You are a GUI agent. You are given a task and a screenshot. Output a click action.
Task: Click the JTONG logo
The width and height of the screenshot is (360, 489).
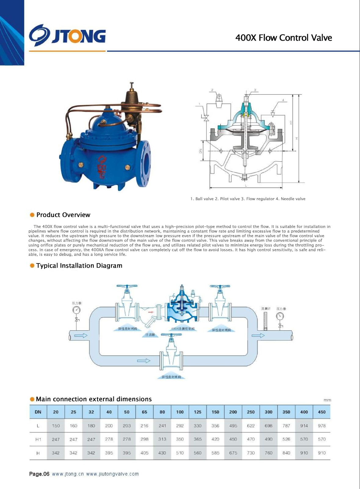pos(67,35)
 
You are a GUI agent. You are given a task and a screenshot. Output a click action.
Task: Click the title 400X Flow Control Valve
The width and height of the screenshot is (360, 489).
pos(283,38)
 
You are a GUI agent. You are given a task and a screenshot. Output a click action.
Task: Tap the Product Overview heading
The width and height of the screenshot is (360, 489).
pos(63,215)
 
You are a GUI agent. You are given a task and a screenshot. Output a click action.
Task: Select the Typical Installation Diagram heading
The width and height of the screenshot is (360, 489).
pos(79,266)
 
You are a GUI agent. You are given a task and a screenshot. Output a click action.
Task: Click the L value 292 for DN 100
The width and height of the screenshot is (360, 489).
pos(180,425)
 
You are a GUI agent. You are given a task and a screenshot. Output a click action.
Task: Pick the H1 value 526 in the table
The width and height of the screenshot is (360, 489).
pos(286,439)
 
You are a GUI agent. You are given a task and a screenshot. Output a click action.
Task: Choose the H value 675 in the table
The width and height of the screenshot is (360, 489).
pos(233,453)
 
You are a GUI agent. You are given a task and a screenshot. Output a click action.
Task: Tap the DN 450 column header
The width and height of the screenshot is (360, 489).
pos(322,412)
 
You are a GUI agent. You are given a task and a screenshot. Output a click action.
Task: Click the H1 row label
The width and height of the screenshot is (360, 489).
pos(38,439)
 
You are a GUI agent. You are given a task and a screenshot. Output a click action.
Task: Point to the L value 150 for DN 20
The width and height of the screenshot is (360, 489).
pos(56,425)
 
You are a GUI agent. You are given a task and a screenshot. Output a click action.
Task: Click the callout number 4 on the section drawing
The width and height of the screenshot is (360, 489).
pos(283,100)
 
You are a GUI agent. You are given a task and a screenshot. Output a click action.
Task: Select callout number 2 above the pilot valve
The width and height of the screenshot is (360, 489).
pos(212,90)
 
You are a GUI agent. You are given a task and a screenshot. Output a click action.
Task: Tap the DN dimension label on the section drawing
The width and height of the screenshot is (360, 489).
pos(201,151)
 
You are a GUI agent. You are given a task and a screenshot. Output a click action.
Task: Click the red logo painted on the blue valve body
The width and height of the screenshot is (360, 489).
pos(101,167)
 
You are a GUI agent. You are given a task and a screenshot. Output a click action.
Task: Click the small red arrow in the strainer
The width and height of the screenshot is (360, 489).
pos(151,312)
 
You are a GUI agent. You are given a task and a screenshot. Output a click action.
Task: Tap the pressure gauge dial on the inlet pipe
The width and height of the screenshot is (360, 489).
pos(76,310)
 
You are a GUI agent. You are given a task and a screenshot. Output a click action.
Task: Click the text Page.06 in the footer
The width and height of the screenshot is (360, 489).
pos(39,474)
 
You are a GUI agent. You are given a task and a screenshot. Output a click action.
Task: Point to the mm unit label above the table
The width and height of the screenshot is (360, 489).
pos(327,400)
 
